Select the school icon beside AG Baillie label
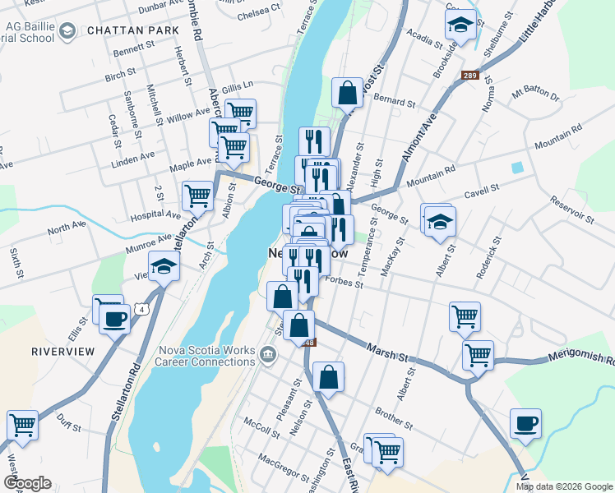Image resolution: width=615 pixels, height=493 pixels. click(x=67, y=31)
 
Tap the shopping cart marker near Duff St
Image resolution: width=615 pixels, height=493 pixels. click(x=22, y=426)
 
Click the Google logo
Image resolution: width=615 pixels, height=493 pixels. click(x=27, y=483)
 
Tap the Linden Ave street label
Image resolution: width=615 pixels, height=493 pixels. click(x=132, y=156)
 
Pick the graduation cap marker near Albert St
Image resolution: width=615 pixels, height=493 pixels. click(x=440, y=221)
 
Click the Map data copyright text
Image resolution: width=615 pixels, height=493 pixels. click(x=564, y=486)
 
